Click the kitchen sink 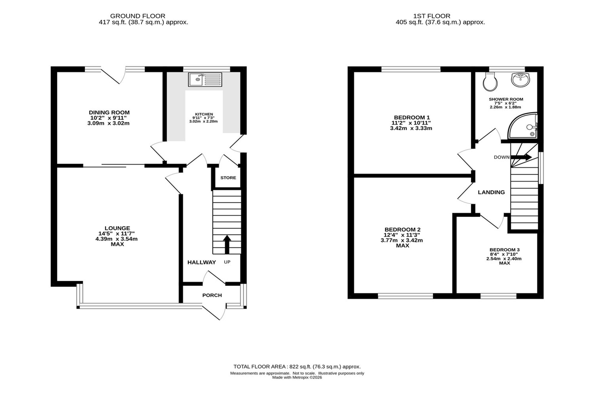205,80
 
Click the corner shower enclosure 523,126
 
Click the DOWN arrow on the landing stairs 521,157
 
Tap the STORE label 228,178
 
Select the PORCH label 212,295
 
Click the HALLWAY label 202,262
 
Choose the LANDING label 491,192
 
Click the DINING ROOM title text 109,113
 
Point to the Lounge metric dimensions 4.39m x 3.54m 117,239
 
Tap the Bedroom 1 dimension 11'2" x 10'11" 411,123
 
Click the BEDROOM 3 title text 505,250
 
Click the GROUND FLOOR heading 138,16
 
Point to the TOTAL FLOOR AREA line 297,367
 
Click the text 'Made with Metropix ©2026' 297,378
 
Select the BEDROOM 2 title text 402,230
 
